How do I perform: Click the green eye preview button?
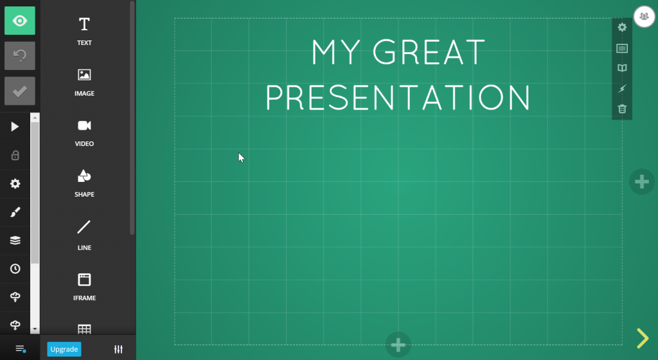click(x=20, y=21)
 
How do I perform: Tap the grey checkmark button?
click(x=20, y=91)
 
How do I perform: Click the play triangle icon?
click(x=15, y=127)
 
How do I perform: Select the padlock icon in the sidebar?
click(x=15, y=155)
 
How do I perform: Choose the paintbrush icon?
click(x=15, y=212)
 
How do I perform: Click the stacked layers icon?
click(x=15, y=240)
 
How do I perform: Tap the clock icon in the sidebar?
click(x=15, y=269)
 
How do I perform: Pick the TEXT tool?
click(x=84, y=31)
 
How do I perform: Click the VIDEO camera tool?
click(x=84, y=133)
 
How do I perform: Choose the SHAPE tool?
click(x=84, y=183)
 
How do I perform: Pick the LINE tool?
click(x=84, y=235)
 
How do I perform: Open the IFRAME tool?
click(x=84, y=287)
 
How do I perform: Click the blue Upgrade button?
click(x=64, y=349)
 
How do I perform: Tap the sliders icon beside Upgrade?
click(x=118, y=349)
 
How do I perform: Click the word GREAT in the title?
click(x=429, y=53)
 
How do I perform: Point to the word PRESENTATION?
click(x=398, y=97)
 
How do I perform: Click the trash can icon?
click(x=622, y=109)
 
